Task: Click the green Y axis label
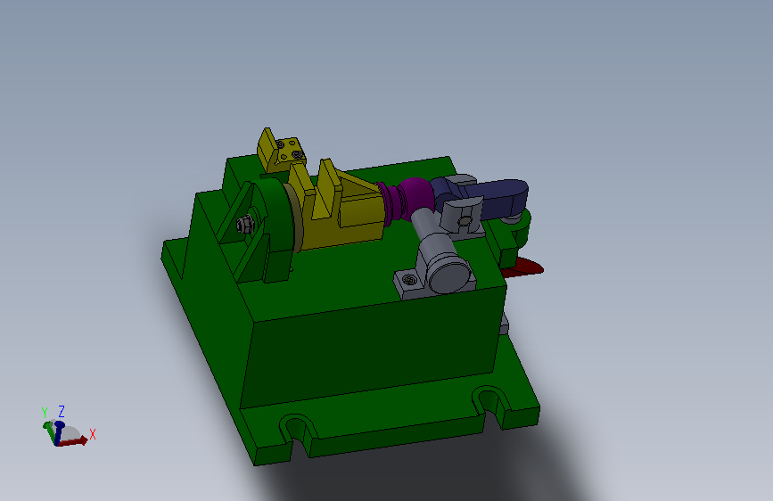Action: click(x=45, y=413)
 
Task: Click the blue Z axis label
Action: click(x=62, y=411)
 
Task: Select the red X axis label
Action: click(x=93, y=434)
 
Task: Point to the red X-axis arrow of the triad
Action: click(x=78, y=439)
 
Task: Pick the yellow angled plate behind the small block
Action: click(x=267, y=148)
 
